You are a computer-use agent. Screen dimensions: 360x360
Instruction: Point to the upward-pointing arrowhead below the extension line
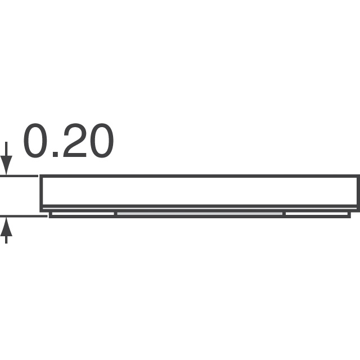[6, 224]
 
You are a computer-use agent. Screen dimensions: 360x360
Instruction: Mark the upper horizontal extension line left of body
[20, 176]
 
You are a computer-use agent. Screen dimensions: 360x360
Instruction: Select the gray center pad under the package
[200, 214]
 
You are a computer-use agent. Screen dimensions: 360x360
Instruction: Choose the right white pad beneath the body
[316, 214]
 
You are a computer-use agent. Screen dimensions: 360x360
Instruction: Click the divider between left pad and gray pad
[115, 214]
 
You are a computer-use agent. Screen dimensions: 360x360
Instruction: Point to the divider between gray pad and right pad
[284, 214]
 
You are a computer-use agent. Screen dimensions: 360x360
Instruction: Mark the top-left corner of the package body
[40, 177]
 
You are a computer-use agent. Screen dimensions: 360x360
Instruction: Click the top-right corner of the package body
[358, 177]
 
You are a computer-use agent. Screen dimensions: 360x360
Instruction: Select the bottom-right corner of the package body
[358, 206]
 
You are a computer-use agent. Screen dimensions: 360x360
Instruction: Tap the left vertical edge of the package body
[40, 191]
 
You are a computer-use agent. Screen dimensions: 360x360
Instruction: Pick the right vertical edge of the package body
[358, 191]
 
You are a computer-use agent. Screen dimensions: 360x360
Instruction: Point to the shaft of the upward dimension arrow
[6, 237]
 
